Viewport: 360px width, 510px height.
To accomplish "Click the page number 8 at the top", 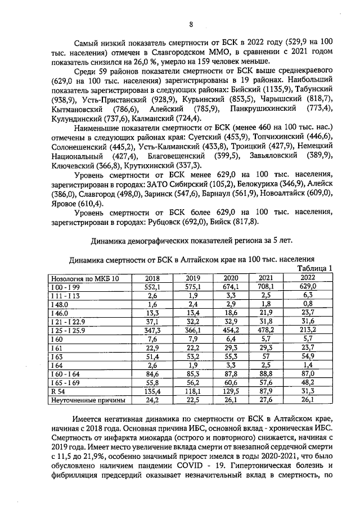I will [x=191, y=25].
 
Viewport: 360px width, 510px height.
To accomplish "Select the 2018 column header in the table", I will [x=152, y=278].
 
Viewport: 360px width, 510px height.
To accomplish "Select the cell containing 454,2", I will [x=231, y=331].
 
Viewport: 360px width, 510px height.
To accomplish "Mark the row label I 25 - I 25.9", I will [x=68, y=331].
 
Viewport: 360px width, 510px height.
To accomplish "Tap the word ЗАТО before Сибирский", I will [x=159, y=184].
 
